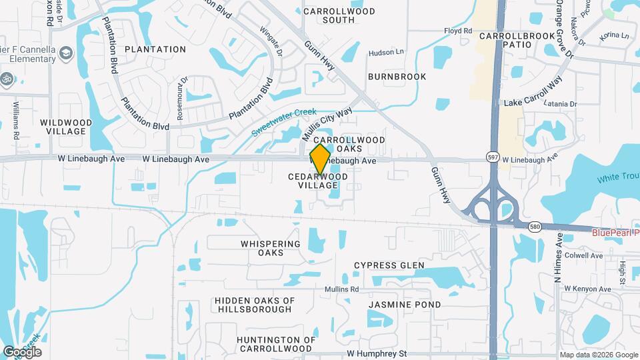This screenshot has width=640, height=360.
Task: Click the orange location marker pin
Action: pyautogui.click(x=321, y=161)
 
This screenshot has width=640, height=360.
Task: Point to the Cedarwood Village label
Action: pyautogui.click(x=318, y=181)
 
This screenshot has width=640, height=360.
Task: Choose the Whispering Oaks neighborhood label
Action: pyautogui.click(x=271, y=248)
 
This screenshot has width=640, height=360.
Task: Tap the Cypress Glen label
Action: pyautogui.click(x=389, y=265)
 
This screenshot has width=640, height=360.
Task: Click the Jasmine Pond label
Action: pyautogui.click(x=405, y=305)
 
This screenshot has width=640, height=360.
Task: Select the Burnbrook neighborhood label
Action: pyautogui.click(x=397, y=77)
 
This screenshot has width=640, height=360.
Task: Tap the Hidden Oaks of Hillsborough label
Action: pyautogui.click(x=254, y=305)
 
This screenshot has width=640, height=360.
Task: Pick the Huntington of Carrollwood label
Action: pyautogui.click(x=275, y=344)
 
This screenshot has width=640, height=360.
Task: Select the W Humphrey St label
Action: pyautogui.click(x=376, y=353)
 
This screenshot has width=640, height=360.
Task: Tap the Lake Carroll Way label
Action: pyautogui.click(x=533, y=103)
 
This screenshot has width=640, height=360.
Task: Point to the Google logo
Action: pyautogui.click(x=22, y=352)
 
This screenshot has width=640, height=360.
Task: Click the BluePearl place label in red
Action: pyautogui.click(x=615, y=233)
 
